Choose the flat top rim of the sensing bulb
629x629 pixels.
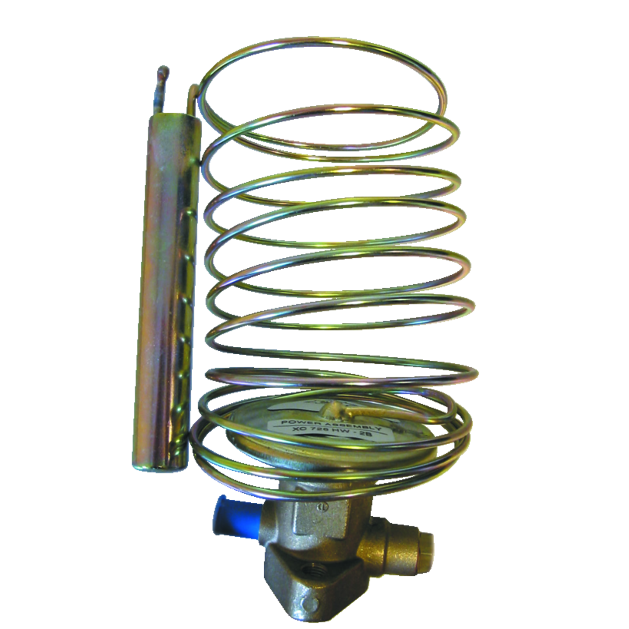click(173, 117)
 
